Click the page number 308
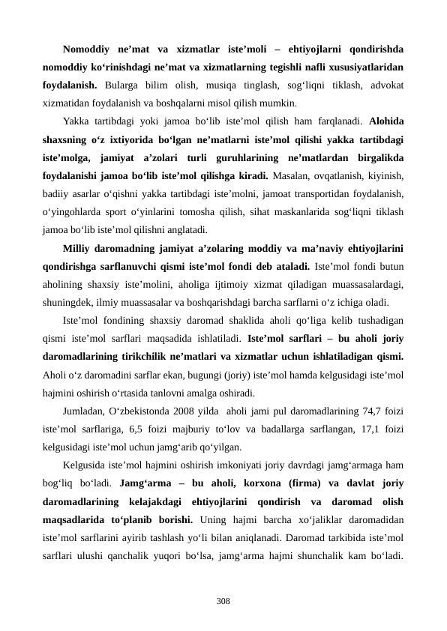pos(223,580)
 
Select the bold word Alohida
pos(385,121)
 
